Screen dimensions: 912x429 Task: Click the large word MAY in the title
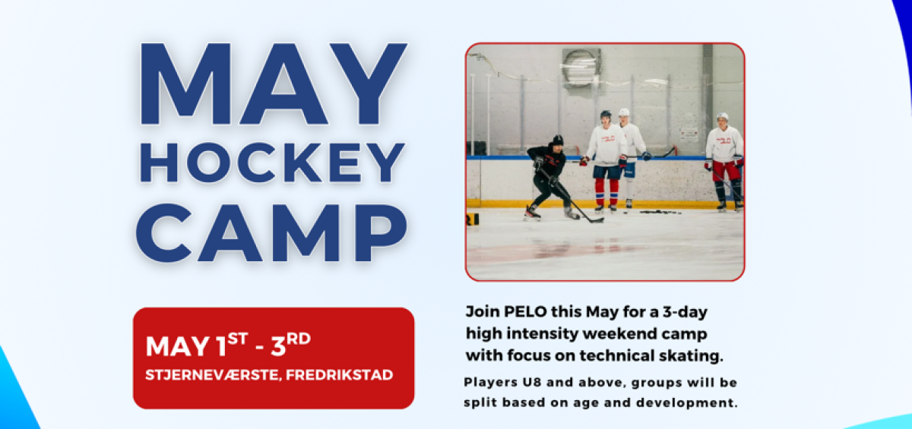pyautogui.click(x=274, y=84)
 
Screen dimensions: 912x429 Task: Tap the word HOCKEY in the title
pyautogui.click(x=272, y=162)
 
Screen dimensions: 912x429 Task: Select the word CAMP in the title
pyautogui.click(x=271, y=232)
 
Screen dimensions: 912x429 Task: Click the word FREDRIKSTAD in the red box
pyautogui.click(x=340, y=375)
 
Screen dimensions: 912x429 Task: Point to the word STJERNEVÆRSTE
pyautogui.click(x=214, y=375)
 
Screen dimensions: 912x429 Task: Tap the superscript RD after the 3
pyautogui.click(x=299, y=339)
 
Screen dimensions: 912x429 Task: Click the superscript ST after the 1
pyautogui.click(x=237, y=339)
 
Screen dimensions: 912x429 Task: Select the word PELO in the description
pyautogui.click(x=525, y=312)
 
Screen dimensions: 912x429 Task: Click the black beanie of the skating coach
pyautogui.click(x=558, y=140)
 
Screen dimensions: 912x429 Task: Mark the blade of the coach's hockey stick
pyautogui.click(x=596, y=220)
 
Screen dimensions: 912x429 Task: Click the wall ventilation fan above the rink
pyautogui.click(x=581, y=68)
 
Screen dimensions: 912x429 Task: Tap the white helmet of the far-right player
pyautogui.click(x=723, y=116)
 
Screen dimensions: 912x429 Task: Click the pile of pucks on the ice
pyautogui.click(x=660, y=212)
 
